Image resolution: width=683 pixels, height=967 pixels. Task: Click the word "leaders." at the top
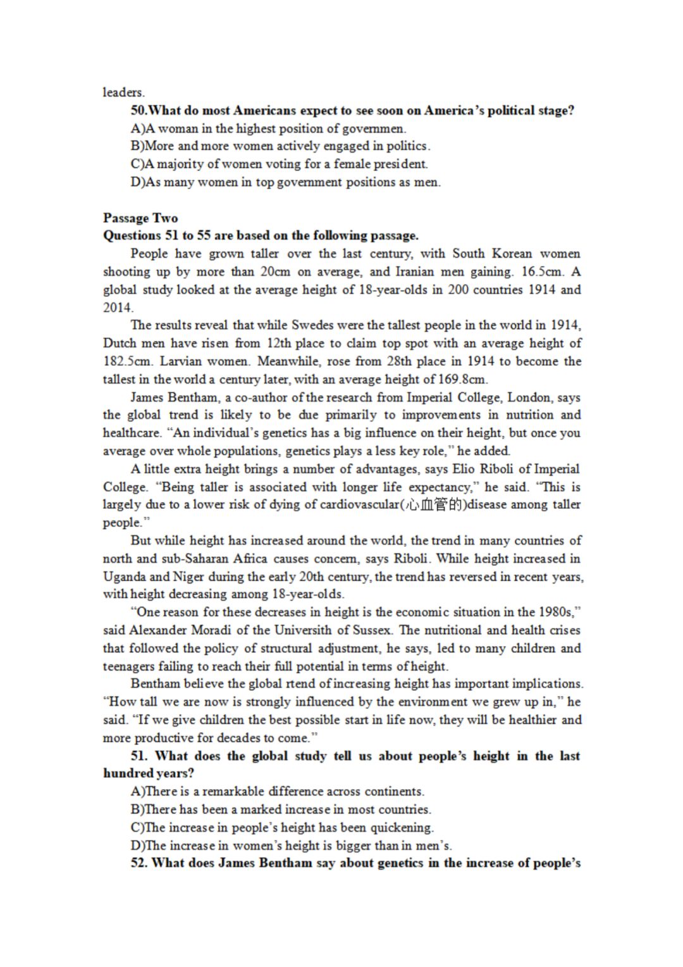123,92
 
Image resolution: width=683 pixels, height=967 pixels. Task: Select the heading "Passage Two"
140,218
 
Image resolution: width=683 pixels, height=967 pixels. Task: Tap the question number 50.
138,110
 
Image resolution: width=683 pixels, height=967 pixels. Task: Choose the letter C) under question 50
138,164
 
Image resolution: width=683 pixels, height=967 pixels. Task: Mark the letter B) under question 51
138,809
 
